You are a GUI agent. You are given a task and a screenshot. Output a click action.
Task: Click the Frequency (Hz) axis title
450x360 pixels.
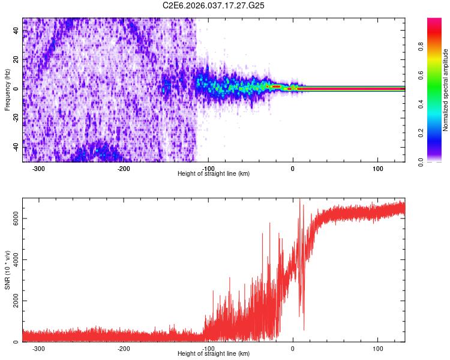(7, 89)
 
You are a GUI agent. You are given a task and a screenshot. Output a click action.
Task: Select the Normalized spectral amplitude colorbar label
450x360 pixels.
(446, 89)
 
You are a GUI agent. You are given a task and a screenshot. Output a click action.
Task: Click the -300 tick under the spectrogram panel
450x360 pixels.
(39, 168)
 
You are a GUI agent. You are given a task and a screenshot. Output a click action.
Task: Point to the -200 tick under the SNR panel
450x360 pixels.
(124, 348)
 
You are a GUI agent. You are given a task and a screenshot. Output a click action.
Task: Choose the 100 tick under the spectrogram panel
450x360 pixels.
(377, 168)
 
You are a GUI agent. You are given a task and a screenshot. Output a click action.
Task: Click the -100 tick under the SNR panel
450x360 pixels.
(209, 348)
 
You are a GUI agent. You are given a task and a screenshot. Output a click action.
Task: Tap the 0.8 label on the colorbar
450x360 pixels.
(437, 47)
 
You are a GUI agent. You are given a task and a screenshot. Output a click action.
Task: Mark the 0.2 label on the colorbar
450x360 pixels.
(437, 133)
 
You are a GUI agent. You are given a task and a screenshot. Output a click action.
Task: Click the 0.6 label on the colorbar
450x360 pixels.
(437, 76)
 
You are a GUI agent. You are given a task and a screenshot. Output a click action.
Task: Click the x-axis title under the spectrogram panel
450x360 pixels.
(214, 174)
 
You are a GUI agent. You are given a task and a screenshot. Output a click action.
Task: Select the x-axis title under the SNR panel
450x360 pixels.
(214, 354)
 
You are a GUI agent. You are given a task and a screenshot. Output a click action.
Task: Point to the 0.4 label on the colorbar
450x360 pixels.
(437, 104)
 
